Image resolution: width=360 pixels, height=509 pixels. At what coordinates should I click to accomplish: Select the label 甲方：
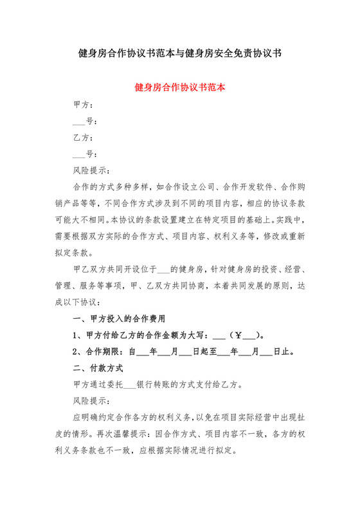(x=85, y=104)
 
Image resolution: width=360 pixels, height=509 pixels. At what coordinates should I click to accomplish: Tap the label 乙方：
(x=85, y=138)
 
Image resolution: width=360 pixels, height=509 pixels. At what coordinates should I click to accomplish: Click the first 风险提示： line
(x=92, y=171)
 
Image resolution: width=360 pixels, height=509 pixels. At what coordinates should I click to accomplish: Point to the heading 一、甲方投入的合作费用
(x=120, y=317)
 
